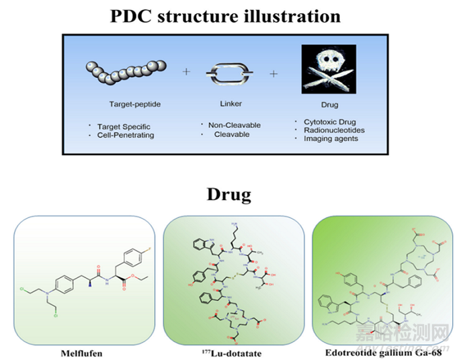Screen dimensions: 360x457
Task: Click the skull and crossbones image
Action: (x=328, y=69)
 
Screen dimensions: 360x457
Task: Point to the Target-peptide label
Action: (x=135, y=105)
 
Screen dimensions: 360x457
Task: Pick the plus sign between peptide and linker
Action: (x=185, y=72)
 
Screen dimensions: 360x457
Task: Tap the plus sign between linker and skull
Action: (x=274, y=73)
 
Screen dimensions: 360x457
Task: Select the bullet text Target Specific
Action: (x=124, y=126)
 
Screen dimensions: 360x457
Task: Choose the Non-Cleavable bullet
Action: (x=233, y=125)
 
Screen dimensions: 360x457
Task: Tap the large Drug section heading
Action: (x=229, y=195)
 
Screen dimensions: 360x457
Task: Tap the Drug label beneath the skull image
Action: (x=329, y=105)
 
